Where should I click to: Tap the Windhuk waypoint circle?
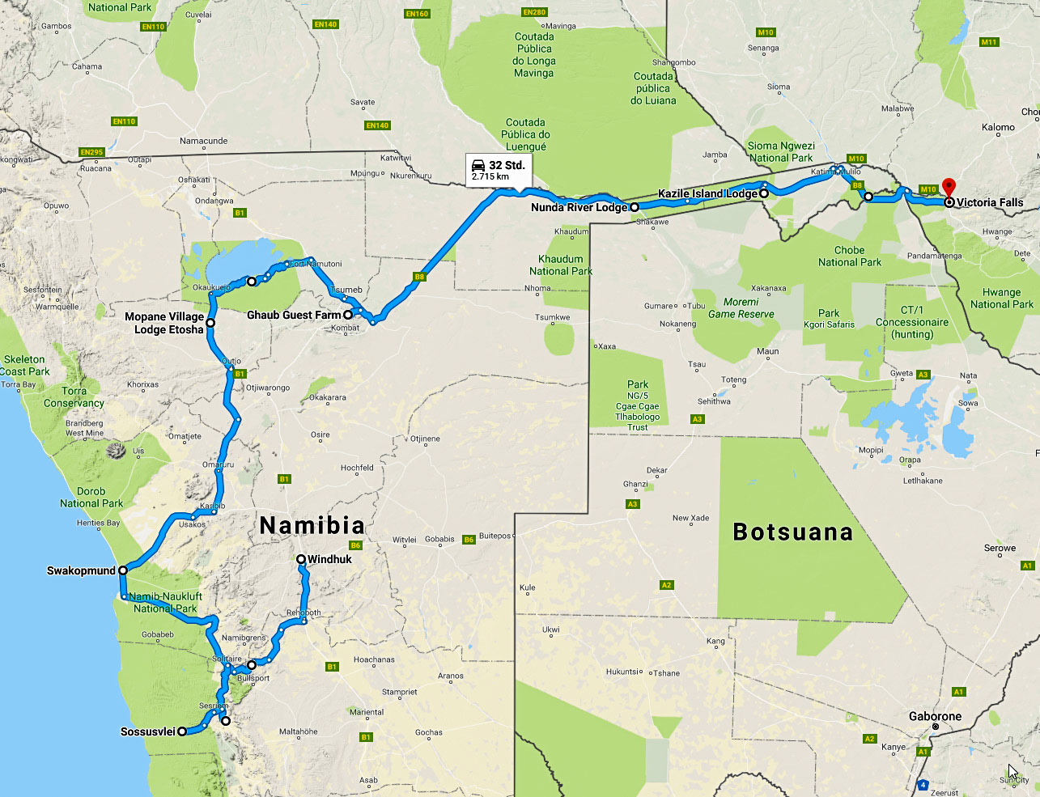(301, 559)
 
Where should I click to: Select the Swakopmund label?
(81, 571)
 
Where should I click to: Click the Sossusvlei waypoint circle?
(182, 731)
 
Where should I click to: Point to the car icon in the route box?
(479, 165)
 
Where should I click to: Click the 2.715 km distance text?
(490, 176)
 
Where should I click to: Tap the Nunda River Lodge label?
(579, 208)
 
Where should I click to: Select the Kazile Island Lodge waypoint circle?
(763, 193)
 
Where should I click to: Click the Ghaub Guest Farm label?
(294, 315)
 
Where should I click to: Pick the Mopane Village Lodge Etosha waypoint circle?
(210, 323)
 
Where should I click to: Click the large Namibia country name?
(312, 526)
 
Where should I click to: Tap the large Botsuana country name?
(792, 532)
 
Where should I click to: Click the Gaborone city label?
(935, 716)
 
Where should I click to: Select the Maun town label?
(767, 351)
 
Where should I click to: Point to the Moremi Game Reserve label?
(741, 308)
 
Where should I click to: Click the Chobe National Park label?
(849, 256)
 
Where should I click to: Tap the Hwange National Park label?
(1001, 299)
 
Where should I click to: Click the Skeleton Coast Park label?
(24, 365)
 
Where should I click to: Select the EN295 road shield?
(91, 152)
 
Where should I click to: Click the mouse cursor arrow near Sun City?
(1012, 771)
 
